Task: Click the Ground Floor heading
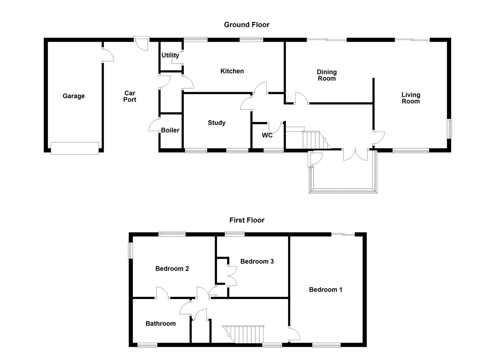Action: point(246,25)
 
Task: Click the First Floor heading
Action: point(247,220)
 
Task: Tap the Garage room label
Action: point(74,96)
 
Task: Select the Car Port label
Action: point(130,96)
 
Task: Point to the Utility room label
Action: point(170,55)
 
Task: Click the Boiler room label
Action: point(170,130)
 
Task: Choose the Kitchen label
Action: point(232,71)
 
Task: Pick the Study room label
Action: point(217,123)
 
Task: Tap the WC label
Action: point(267,135)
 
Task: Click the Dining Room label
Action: point(327,75)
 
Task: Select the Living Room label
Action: point(411,98)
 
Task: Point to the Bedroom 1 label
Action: point(325,290)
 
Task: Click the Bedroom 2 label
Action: point(172,269)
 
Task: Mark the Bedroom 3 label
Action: point(257,261)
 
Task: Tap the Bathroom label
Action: point(160,323)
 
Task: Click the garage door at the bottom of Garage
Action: point(75,148)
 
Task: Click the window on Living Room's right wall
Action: point(449,129)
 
